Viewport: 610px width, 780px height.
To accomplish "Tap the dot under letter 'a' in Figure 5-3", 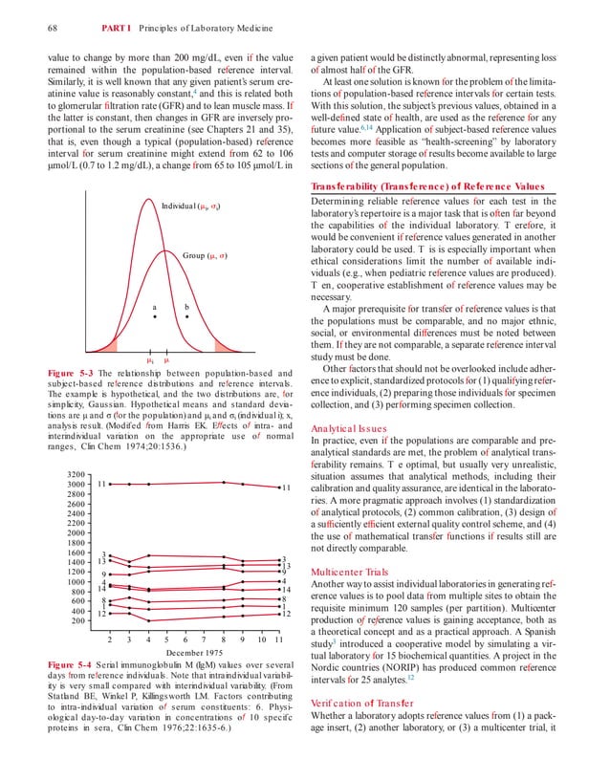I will (x=153, y=316).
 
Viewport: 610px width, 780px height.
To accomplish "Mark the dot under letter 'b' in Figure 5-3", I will (x=186, y=316).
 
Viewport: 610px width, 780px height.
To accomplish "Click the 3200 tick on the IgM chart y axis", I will (x=77, y=474).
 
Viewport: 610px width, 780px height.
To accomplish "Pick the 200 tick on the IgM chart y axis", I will (x=80, y=621).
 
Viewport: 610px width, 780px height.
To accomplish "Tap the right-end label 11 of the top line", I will (x=285, y=488).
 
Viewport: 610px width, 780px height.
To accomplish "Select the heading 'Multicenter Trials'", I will (x=353, y=572).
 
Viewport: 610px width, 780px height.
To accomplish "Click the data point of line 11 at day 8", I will (x=223, y=483).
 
